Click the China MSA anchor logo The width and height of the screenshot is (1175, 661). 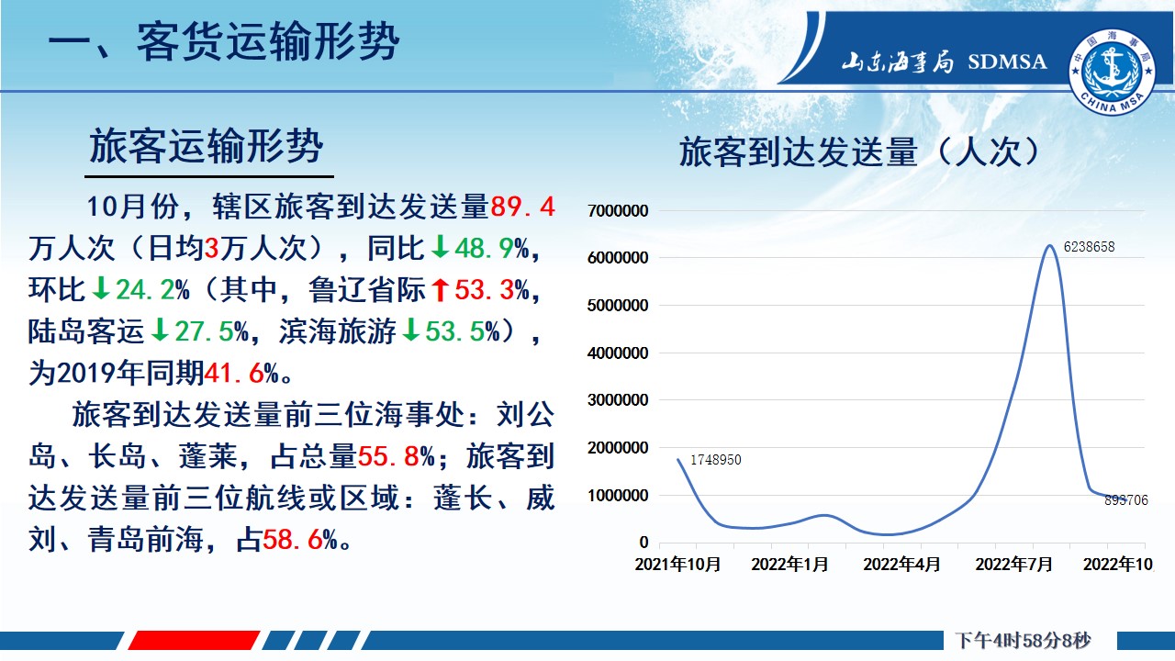coord(1112,72)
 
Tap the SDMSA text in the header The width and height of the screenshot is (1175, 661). coord(1007,62)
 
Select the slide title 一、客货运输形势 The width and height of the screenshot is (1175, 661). coord(224,42)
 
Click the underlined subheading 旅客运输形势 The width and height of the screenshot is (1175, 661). coord(206,146)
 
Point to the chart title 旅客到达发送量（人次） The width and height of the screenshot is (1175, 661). coord(860,152)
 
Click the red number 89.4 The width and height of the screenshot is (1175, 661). coord(522,207)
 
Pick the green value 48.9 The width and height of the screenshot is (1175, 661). coord(484,248)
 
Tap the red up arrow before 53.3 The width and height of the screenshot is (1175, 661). coord(440,289)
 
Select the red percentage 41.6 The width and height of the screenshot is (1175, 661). coord(233,373)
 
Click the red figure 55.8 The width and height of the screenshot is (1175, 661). coord(387,456)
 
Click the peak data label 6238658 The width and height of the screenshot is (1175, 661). coord(1089,247)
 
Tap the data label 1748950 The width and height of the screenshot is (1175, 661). coord(715,460)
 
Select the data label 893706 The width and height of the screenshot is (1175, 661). coord(1126,500)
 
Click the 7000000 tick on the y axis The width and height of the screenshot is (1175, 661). coord(618,211)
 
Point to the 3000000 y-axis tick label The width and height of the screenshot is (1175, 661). coord(618,400)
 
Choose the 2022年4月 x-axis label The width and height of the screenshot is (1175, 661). coord(901,565)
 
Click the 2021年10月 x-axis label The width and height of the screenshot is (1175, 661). coord(677,565)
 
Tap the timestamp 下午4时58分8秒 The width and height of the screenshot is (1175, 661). coord(1023,641)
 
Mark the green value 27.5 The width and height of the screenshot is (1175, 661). coord(204,331)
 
